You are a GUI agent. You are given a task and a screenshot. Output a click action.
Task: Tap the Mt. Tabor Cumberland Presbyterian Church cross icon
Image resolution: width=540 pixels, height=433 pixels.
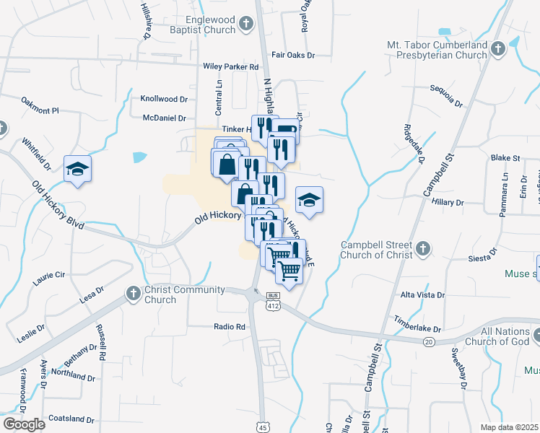497,50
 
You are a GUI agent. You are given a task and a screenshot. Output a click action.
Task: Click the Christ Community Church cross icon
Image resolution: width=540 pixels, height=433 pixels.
133,294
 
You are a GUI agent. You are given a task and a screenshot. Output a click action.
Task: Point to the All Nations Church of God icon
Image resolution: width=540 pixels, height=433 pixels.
538,336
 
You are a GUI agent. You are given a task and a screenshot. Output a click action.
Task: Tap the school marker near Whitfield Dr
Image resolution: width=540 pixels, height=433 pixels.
78,170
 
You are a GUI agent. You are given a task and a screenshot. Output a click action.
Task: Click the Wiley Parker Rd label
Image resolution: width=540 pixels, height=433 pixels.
230,66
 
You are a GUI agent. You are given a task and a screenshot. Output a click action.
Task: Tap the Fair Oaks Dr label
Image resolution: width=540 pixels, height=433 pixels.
293,55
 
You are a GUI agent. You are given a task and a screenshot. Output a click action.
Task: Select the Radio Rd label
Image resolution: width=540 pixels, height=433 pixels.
230,327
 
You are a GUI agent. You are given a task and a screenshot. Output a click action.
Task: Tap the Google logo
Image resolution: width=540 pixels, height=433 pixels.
25,424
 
